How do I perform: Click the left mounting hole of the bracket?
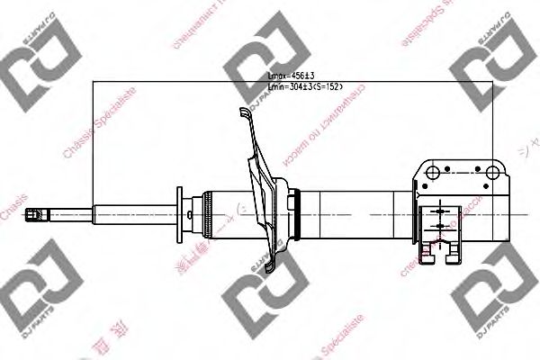pos(434,170)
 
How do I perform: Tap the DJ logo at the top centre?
pos(261,72)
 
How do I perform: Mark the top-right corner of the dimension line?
pos(493,84)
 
